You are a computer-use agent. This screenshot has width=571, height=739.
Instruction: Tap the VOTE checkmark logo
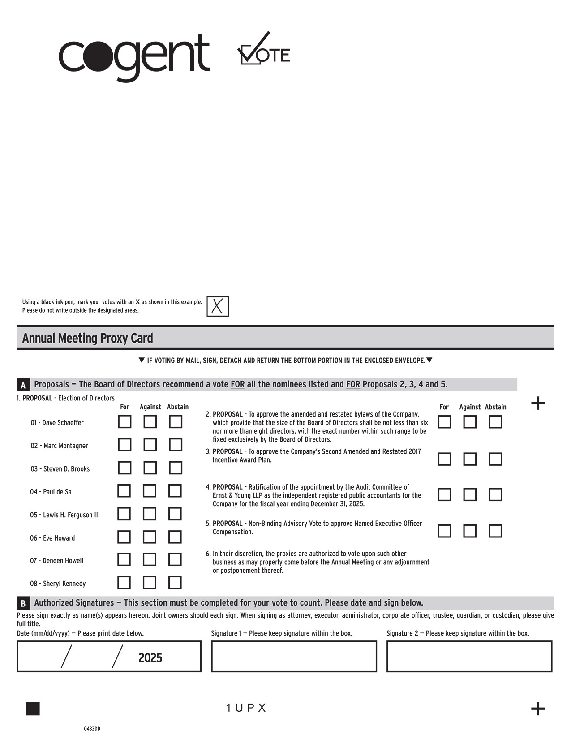(263, 49)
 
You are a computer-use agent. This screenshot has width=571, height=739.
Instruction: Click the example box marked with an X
(218, 307)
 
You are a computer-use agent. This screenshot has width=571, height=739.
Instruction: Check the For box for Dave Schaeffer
(125, 422)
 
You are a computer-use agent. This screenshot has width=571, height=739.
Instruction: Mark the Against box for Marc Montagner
(150, 445)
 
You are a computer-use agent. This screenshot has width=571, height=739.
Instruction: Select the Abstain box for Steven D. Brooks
(176, 468)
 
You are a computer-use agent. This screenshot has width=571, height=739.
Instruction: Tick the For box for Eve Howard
(124, 537)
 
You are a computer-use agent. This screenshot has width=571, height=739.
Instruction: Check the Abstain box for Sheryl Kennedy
(175, 583)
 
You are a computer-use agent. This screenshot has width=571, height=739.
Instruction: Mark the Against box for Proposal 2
(470, 422)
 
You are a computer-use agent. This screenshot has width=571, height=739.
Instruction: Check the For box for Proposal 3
(444, 459)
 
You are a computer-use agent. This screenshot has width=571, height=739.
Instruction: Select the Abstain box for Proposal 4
(495, 494)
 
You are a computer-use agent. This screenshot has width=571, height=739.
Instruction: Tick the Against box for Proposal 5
(470, 531)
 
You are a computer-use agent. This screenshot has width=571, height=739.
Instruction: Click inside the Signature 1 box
(294, 657)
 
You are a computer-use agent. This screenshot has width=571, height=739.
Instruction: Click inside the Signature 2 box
(469, 657)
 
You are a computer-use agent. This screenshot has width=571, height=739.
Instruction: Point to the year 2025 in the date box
(150, 658)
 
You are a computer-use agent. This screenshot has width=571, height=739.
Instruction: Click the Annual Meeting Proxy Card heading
(88, 338)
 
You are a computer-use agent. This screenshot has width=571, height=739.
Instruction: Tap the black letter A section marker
(23, 385)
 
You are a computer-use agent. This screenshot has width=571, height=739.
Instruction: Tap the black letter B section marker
(23, 603)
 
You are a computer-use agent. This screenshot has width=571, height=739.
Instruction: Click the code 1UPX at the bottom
(246, 708)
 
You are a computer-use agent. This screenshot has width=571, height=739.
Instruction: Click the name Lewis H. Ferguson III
(65, 515)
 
